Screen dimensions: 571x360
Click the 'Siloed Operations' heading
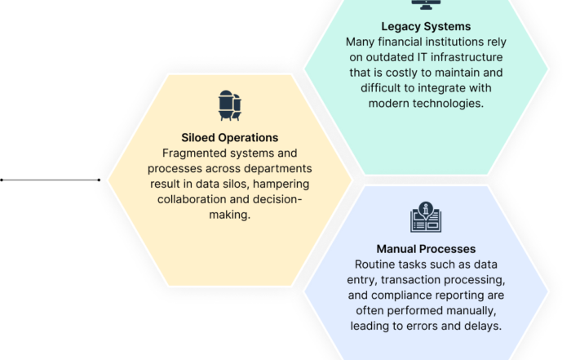click(229, 138)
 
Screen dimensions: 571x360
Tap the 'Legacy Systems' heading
click(426, 27)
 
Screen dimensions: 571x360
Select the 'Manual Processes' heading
click(426, 249)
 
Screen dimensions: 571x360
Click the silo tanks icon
click(230, 105)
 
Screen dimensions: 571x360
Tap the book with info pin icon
click(426, 217)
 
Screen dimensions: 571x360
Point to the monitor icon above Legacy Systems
click(426, 4)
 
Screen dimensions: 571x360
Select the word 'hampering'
click(281, 184)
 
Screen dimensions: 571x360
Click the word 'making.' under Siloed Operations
click(229, 215)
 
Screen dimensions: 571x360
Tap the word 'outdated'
click(389, 57)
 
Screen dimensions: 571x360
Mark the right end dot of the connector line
click(99, 180)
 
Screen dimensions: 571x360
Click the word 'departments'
click(278, 169)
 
